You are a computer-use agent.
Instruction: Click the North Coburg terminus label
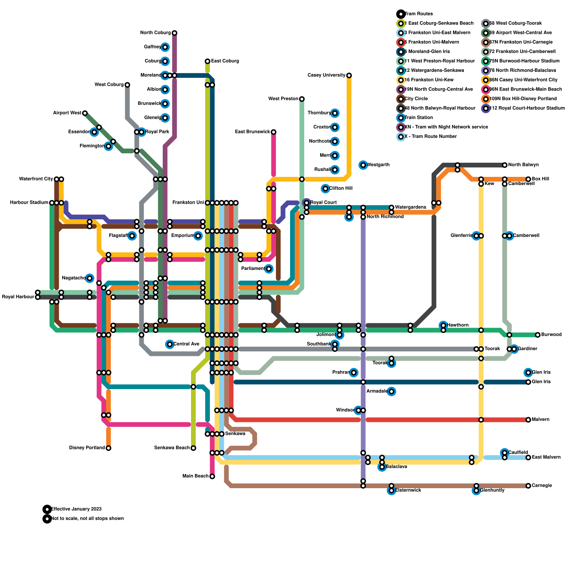click(155, 33)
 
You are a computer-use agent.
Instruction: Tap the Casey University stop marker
click(349, 75)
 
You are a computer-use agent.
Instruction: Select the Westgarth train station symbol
click(363, 165)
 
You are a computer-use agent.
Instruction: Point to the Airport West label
click(67, 113)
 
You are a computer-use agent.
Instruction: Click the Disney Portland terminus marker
click(109, 448)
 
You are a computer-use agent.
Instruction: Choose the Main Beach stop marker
click(212, 477)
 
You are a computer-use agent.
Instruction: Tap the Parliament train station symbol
click(269, 269)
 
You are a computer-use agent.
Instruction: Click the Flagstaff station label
click(118, 236)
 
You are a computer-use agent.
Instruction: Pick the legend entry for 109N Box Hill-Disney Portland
click(523, 99)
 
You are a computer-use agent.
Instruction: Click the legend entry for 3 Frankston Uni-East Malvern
click(437, 33)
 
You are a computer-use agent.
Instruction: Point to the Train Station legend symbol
click(401, 118)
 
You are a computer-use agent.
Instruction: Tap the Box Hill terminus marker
click(528, 179)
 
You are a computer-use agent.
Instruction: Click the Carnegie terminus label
click(542, 486)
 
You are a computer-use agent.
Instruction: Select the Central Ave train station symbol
click(170, 344)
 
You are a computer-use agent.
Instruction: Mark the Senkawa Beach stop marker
click(194, 448)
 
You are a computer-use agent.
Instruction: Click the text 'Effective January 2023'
click(76, 509)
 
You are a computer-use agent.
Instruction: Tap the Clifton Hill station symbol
click(325, 189)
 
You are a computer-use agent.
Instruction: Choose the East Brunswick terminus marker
click(273, 132)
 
